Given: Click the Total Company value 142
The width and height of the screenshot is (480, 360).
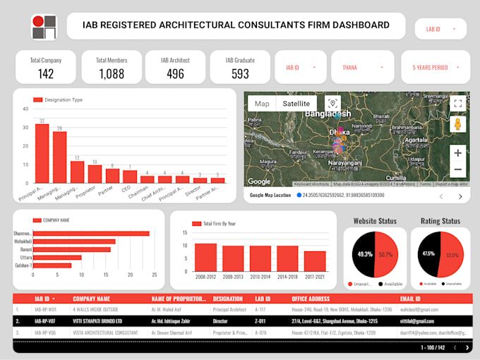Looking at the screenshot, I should tap(46, 73).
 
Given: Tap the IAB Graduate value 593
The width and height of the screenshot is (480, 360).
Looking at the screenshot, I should tap(240, 73).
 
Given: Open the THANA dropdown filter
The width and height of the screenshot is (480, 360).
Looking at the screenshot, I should tap(364, 68).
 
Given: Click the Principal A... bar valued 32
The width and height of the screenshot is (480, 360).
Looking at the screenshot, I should tap(42, 154).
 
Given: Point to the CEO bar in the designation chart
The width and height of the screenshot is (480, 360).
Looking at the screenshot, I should tap(130, 176).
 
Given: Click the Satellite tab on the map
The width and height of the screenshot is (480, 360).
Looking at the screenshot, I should tap(296, 104).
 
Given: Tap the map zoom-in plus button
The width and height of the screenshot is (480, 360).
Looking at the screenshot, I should tap(457, 152).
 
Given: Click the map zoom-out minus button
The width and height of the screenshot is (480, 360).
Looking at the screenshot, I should tap(457, 169).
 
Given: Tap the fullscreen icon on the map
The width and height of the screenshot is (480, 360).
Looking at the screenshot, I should tap(457, 104).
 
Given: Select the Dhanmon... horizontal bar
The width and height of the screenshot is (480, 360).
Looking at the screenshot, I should tap(91, 233).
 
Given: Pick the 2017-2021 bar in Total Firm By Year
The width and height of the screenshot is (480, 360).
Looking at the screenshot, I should tap(315, 261).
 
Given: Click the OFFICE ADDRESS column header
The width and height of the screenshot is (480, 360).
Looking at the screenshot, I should tap(314, 299).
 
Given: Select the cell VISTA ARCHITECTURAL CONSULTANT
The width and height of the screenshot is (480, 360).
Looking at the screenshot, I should tap(105, 332).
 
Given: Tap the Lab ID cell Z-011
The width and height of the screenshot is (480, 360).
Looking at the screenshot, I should tap(260, 320).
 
